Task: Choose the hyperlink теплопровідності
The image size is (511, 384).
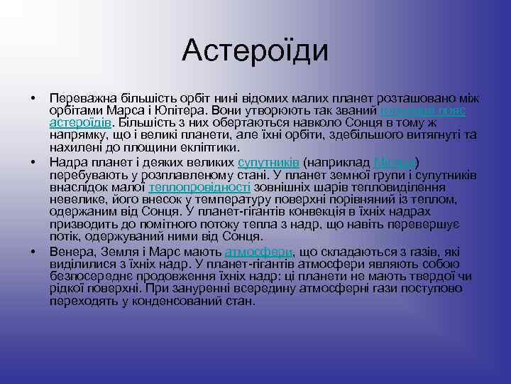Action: (x=199, y=187)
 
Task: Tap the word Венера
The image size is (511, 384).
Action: (x=70, y=252)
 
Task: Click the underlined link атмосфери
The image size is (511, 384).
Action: (x=253, y=252)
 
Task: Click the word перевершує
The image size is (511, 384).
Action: (x=427, y=225)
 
